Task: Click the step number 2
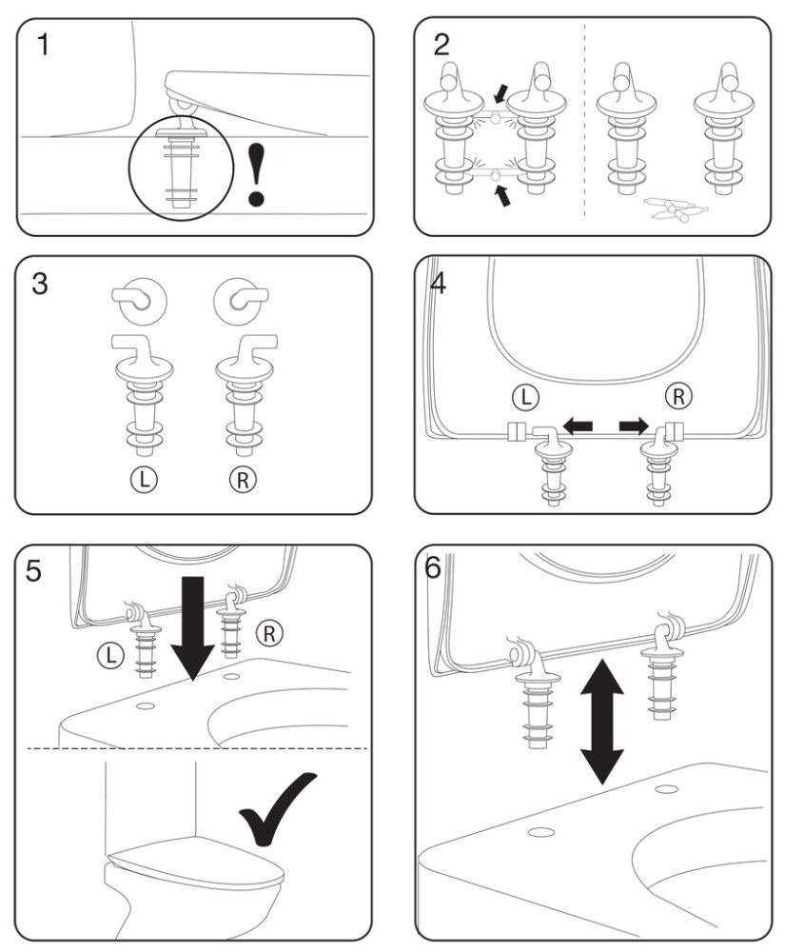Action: [x=442, y=44]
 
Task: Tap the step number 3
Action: [x=42, y=285]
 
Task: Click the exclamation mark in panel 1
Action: [x=257, y=172]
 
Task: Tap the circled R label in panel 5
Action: [x=270, y=631]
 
